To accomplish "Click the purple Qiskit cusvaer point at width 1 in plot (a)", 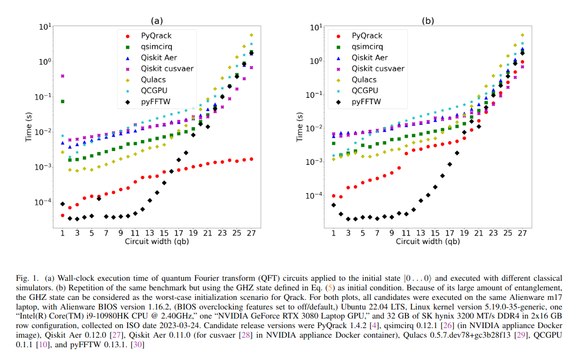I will (x=63, y=76).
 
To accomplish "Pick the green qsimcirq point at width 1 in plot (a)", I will (x=63, y=101).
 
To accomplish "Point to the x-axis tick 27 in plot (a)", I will (x=251, y=232).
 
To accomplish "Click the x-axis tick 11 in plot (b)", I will (x=406, y=232).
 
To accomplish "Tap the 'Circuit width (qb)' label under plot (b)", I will (x=428, y=241).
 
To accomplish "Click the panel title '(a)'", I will (x=156, y=21).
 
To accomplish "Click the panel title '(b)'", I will (x=428, y=21).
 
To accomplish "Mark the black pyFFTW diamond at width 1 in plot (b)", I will (x=334, y=205).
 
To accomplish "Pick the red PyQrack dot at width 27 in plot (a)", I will (x=251, y=159).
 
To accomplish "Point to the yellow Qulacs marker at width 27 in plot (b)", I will (x=522, y=35).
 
